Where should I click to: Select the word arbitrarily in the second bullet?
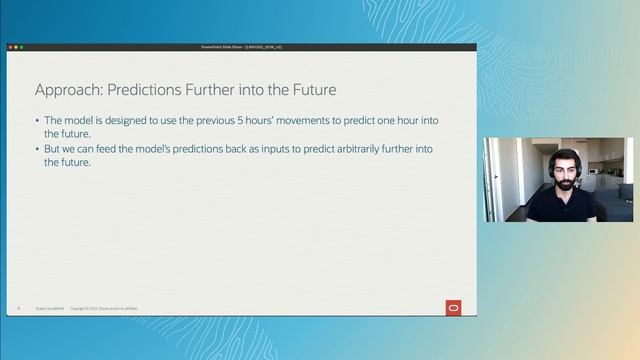pyautogui.click(x=338, y=149)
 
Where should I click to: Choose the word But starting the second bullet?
pyautogui.click(x=53, y=149)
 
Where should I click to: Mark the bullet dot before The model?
pyautogui.click(x=37, y=120)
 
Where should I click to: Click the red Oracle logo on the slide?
pyautogui.click(x=454, y=307)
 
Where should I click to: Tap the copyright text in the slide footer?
pyautogui.click(x=104, y=308)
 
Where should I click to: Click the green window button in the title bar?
pyautogui.click(x=21, y=47)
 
